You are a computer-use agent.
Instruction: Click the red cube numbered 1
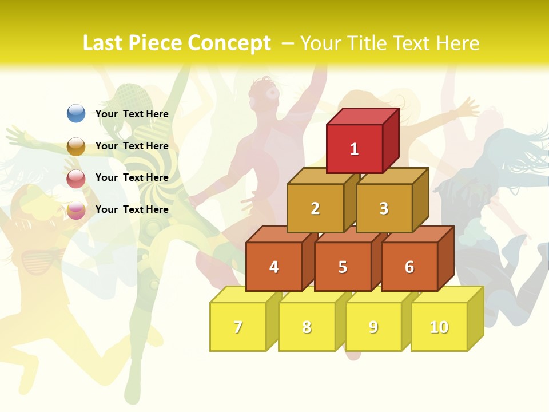point(355,149)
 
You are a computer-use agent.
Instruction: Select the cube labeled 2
point(315,208)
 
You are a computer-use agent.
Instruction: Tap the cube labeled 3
point(384,208)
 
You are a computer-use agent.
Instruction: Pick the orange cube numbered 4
point(274,267)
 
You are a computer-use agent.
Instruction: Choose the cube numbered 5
point(343,267)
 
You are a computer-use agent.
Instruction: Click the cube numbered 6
point(409,267)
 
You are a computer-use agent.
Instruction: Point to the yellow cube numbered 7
point(238,327)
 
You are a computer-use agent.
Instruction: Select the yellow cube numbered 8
point(307,327)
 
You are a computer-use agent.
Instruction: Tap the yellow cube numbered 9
point(373,327)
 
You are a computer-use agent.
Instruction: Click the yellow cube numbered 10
point(439,327)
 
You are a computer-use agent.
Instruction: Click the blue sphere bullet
point(76,113)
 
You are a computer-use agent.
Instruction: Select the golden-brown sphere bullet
point(76,146)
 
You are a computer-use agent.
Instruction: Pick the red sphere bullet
point(76,178)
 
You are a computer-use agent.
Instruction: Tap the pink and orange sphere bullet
point(76,210)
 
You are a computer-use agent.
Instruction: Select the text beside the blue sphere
point(132,114)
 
